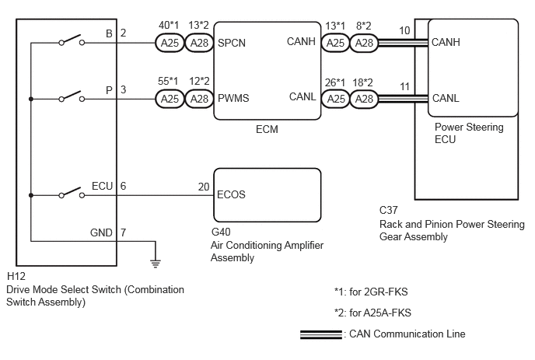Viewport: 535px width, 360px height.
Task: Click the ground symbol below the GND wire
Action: (x=156, y=264)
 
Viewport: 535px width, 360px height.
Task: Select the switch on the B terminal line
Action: (x=72, y=40)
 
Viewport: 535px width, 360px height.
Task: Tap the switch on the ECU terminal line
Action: (x=72, y=193)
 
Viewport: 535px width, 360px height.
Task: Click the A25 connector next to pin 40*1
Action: (x=170, y=43)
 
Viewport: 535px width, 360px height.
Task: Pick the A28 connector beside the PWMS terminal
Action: (x=199, y=99)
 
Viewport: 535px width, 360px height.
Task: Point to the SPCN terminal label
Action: (x=232, y=43)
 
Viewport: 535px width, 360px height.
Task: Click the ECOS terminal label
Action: (x=231, y=194)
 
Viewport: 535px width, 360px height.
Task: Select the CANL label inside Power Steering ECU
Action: (x=446, y=98)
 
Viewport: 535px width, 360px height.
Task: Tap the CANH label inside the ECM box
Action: (x=301, y=41)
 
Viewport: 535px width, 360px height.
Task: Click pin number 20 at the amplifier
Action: (x=204, y=187)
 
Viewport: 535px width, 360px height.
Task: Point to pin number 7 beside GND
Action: (x=123, y=232)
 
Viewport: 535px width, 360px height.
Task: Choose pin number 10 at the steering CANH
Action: (x=404, y=30)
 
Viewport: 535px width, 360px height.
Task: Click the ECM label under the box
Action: (x=267, y=129)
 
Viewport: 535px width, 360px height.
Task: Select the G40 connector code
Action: (x=221, y=232)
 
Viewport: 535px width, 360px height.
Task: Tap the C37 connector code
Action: (x=389, y=210)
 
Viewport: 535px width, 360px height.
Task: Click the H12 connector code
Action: (x=16, y=276)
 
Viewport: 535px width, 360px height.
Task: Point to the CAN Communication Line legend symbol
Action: (x=320, y=334)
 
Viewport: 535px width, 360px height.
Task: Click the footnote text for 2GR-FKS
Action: (x=371, y=292)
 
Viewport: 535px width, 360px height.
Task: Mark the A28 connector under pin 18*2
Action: (x=364, y=99)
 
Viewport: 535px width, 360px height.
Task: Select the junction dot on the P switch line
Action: (x=31, y=99)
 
